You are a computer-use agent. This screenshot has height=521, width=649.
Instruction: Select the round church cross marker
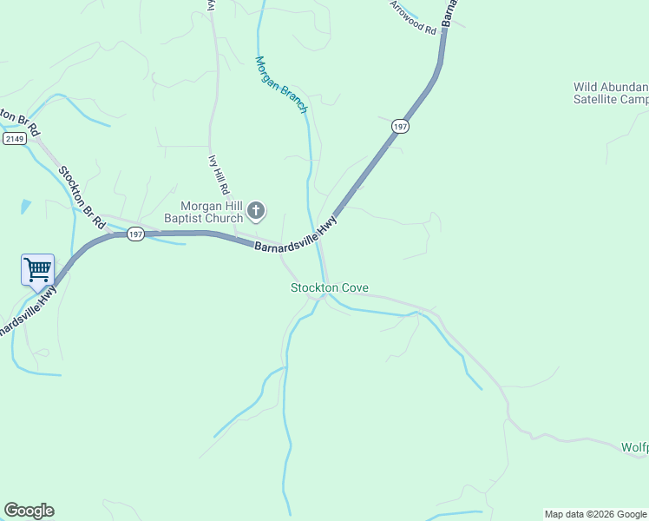256,210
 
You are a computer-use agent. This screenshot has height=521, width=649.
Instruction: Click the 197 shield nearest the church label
135,234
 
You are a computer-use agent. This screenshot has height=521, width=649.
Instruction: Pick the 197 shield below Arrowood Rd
399,127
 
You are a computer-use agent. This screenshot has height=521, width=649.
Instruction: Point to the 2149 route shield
13,139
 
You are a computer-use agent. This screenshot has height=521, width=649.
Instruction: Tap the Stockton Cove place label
329,287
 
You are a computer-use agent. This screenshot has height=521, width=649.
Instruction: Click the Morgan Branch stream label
281,84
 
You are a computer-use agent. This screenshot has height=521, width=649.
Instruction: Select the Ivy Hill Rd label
219,175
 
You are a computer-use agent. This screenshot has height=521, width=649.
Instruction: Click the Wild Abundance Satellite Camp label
611,93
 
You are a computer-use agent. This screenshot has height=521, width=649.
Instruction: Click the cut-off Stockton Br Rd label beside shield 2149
21,119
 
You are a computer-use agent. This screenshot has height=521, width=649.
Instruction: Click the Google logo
29,511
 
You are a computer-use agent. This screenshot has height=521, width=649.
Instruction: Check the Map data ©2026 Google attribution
595,514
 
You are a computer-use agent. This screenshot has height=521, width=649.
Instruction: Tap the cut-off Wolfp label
634,447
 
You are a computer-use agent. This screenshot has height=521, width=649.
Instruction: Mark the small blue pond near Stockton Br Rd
26,207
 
